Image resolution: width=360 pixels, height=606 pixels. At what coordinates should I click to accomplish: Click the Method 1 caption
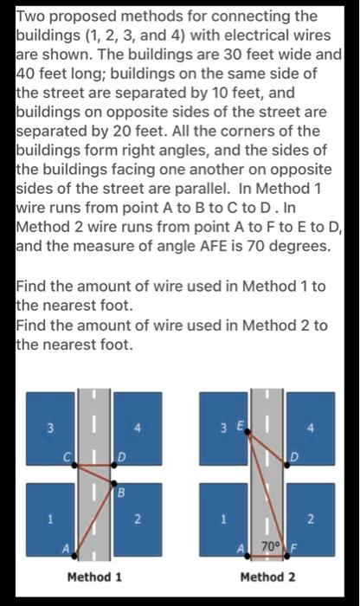[x=94, y=577]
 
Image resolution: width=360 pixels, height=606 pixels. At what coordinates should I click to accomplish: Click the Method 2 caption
[x=267, y=577]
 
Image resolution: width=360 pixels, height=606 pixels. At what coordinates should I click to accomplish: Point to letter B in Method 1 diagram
[x=120, y=493]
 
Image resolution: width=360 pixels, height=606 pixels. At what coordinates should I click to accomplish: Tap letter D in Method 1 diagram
[x=121, y=455]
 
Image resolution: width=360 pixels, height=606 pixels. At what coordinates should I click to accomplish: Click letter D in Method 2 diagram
[x=294, y=455]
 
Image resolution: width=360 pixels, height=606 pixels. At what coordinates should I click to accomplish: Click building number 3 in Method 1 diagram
[x=50, y=428]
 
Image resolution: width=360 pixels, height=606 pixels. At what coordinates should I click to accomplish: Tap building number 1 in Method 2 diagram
[x=223, y=519]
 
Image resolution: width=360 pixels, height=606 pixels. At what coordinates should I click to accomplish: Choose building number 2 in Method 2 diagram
[x=310, y=519]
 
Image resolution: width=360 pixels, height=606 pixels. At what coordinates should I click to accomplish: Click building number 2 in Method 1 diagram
[x=137, y=519]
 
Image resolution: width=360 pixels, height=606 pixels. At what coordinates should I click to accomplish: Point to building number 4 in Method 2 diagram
[x=310, y=428]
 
